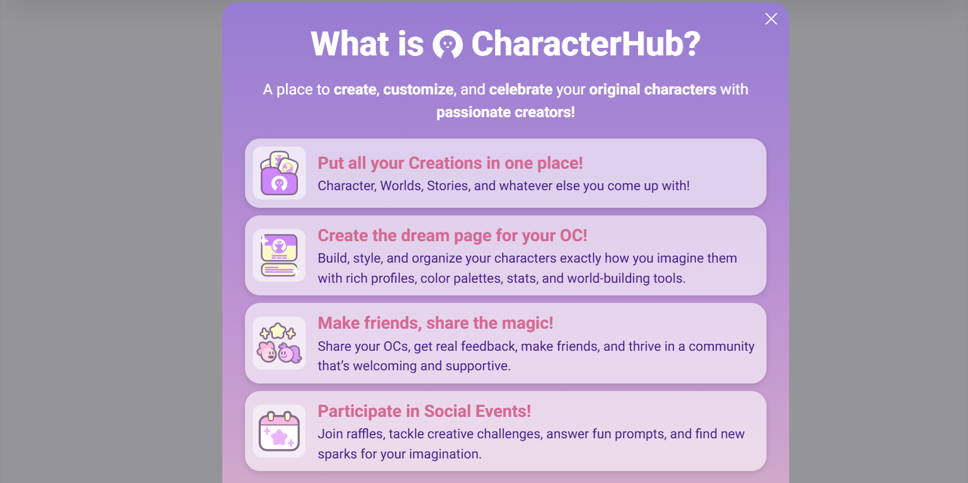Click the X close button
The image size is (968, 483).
pyautogui.click(x=771, y=19)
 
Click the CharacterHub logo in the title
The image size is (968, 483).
pyautogui.click(x=448, y=44)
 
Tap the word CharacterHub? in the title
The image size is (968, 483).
pyautogui.click(x=586, y=44)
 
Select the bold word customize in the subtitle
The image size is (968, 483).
pyautogui.click(x=418, y=89)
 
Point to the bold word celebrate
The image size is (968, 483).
pyautogui.click(x=520, y=89)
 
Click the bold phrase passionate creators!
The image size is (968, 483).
pyautogui.click(x=505, y=112)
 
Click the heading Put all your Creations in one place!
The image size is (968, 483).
pyautogui.click(x=450, y=163)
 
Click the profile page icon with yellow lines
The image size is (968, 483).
pyautogui.click(x=279, y=255)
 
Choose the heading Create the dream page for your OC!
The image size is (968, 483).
pyautogui.click(x=452, y=236)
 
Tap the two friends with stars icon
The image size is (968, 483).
pyautogui.click(x=279, y=343)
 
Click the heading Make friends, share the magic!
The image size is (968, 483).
pyautogui.click(x=435, y=323)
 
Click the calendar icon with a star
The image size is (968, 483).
pyautogui.click(x=279, y=431)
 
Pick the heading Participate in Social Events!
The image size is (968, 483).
pyautogui.click(x=424, y=411)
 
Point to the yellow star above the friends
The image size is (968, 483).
pyautogui.click(x=278, y=331)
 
